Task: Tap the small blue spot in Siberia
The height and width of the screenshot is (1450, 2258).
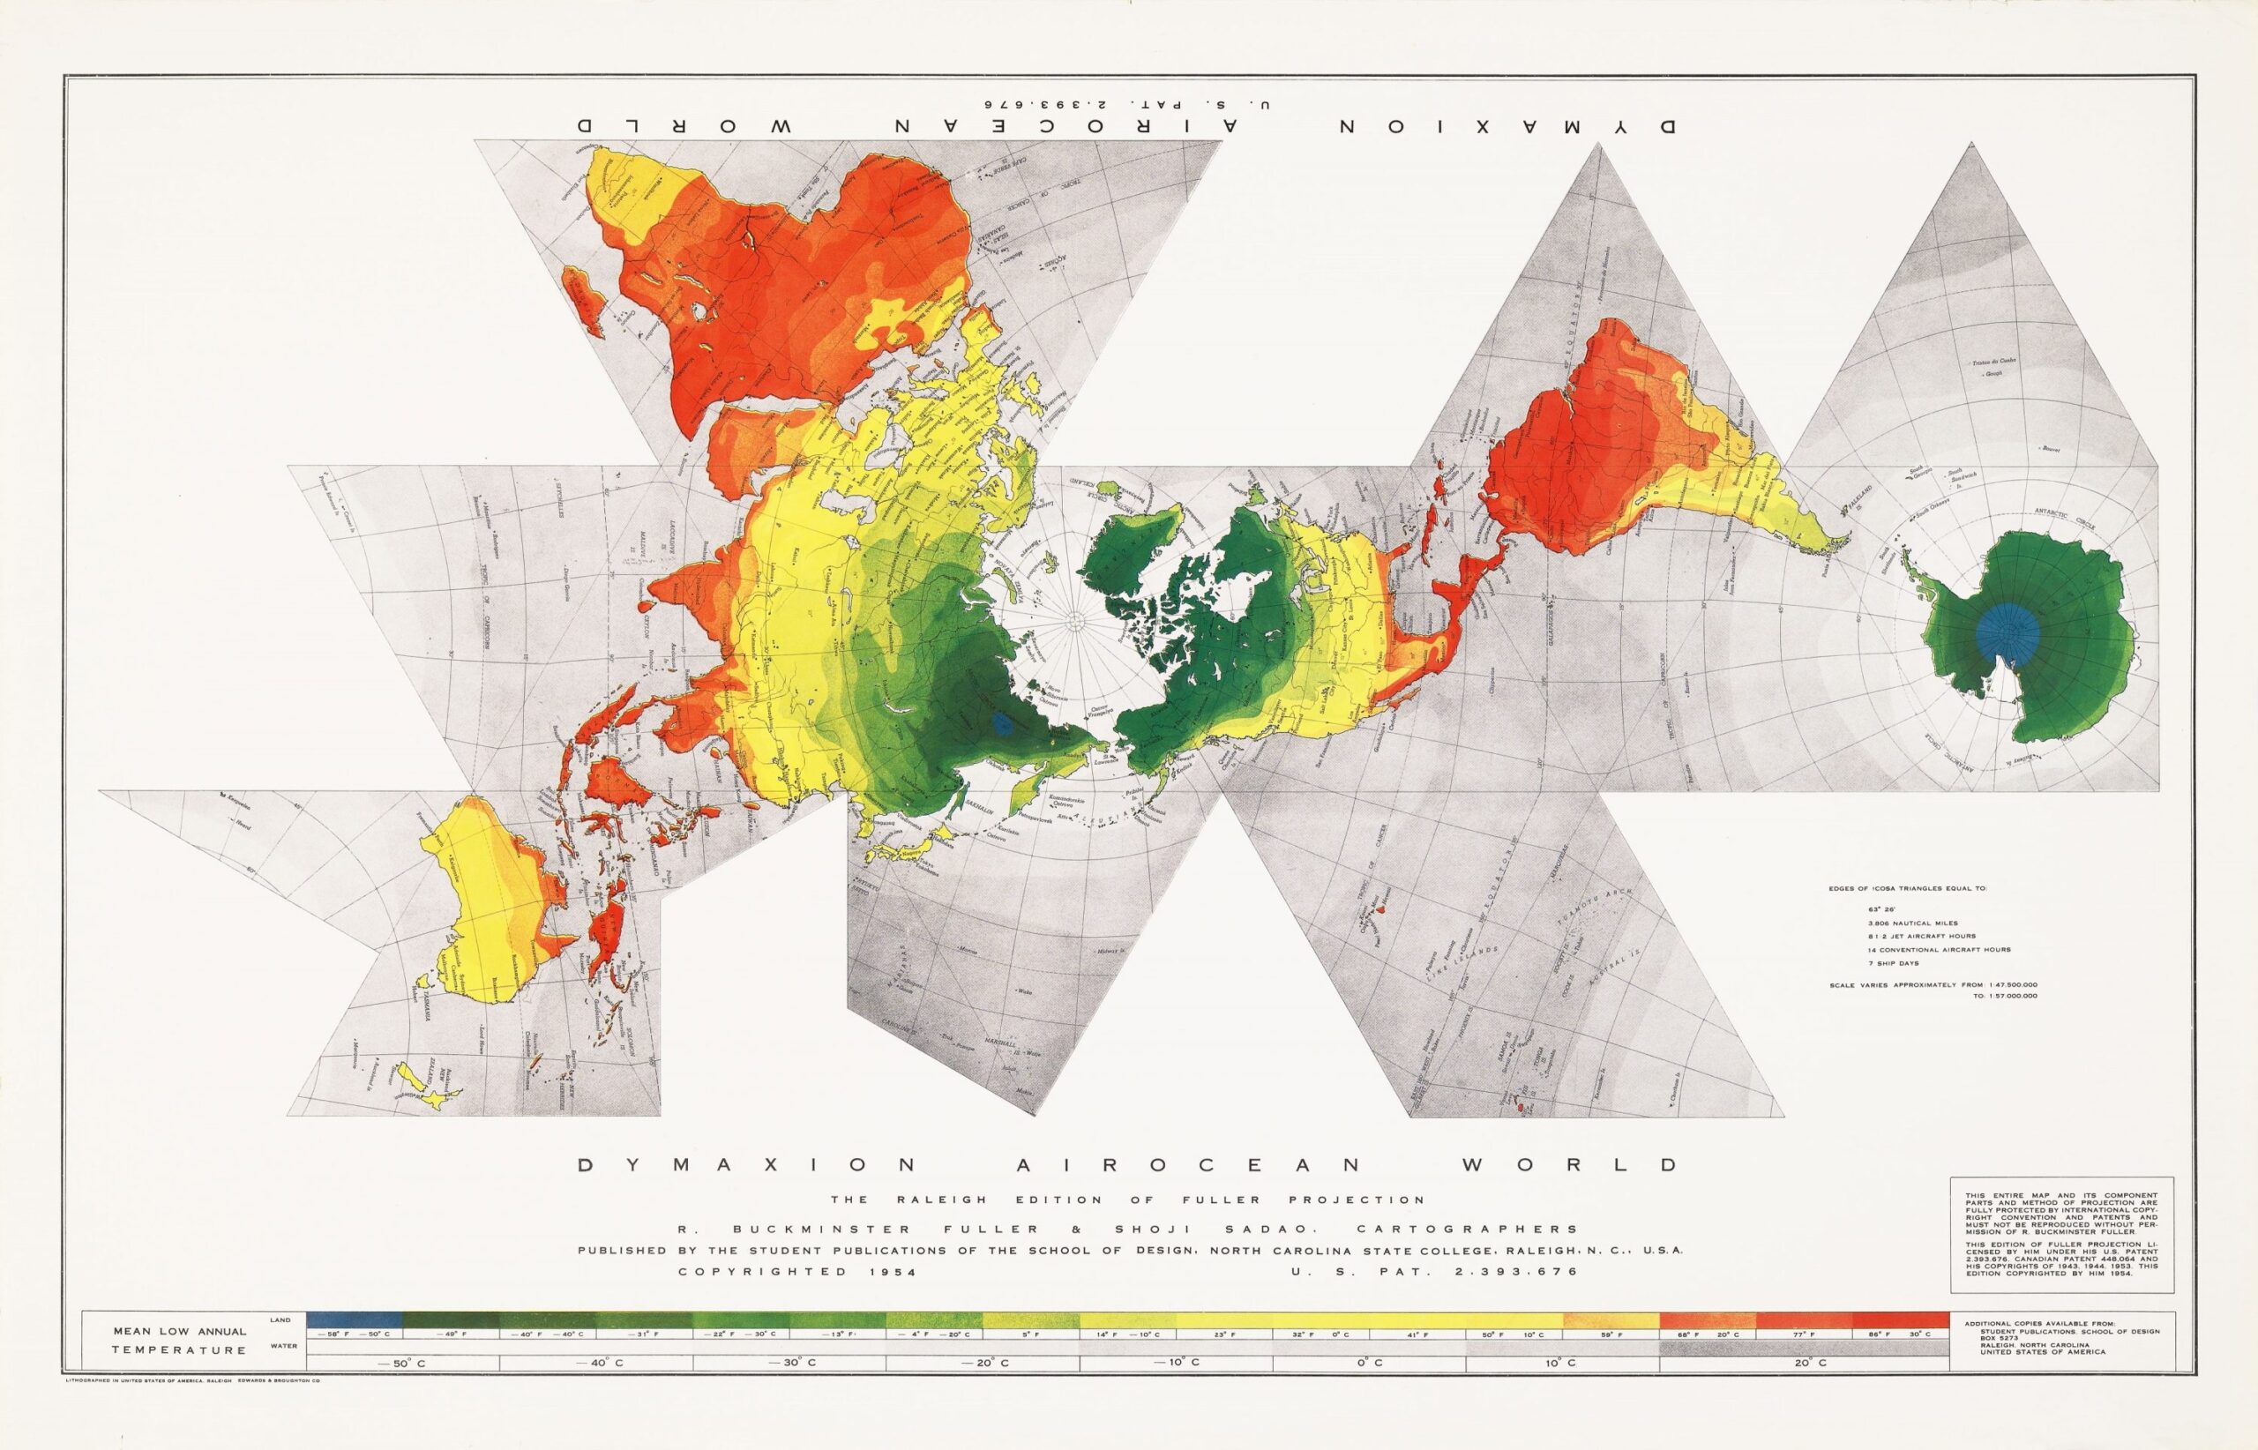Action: [1004, 723]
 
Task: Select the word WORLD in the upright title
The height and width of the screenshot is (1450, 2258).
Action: [1614, 1165]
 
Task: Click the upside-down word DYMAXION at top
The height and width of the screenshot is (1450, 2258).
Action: [1507, 125]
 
